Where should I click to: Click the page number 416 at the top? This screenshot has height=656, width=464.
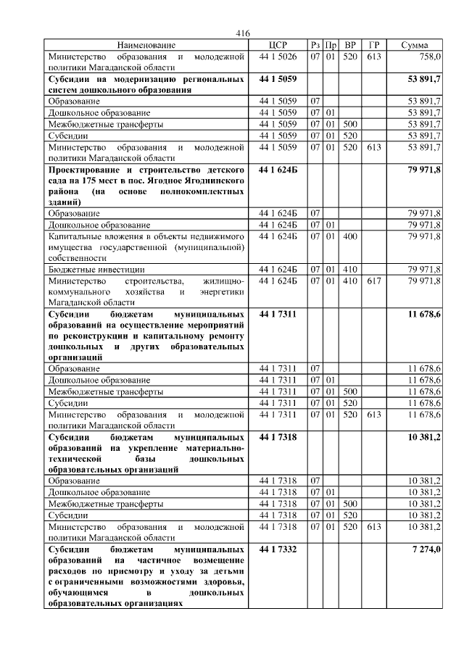click(x=243, y=33)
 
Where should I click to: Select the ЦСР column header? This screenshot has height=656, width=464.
click(x=278, y=45)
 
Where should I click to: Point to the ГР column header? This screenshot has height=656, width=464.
click(x=373, y=45)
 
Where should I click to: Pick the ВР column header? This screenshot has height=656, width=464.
click(x=350, y=45)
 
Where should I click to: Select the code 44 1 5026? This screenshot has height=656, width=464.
click(x=278, y=56)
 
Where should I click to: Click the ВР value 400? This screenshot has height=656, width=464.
click(x=350, y=236)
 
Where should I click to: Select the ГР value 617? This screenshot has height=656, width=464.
click(x=373, y=281)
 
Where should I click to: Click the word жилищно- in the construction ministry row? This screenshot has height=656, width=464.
click(x=223, y=281)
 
